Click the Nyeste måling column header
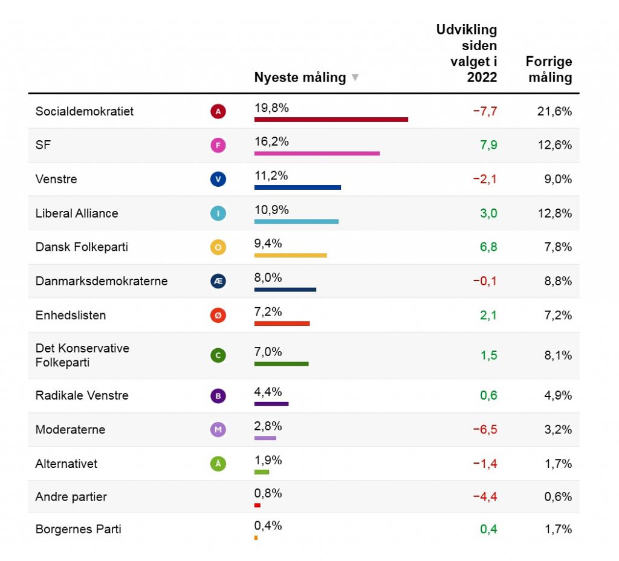coord(300,77)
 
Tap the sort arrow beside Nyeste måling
coord(355,77)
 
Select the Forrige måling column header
coord(548,70)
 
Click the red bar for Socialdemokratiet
coord(331,120)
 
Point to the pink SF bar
coord(317,154)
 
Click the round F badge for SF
coord(218,145)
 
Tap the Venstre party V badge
coord(218,179)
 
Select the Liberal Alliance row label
coord(77,213)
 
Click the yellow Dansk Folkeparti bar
coord(290,255)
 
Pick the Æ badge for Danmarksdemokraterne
coord(218,281)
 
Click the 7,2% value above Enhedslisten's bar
coord(268,312)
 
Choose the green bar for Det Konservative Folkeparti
coord(281,364)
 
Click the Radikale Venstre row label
coord(82,395)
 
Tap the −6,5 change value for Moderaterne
coord(485,430)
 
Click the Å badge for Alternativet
coord(218,464)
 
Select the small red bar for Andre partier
coord(258,505)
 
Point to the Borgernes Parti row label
coord(79,529)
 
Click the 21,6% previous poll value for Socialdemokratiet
coord(554,111)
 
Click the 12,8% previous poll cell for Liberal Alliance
coord(554,213)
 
